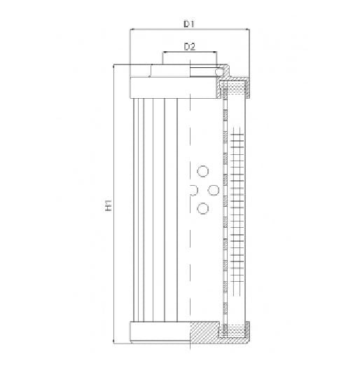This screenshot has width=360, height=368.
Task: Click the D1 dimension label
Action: tap(188, 24)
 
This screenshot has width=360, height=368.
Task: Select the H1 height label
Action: tap(108, 207)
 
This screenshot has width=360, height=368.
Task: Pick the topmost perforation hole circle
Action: tap(203, 171)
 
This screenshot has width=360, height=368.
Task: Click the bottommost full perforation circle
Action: tap(203, 207)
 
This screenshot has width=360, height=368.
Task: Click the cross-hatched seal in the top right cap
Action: tap(234, 88)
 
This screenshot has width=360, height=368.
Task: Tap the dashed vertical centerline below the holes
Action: tap(190, 266)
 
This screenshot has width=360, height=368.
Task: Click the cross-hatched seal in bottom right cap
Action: tap(234, 332)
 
